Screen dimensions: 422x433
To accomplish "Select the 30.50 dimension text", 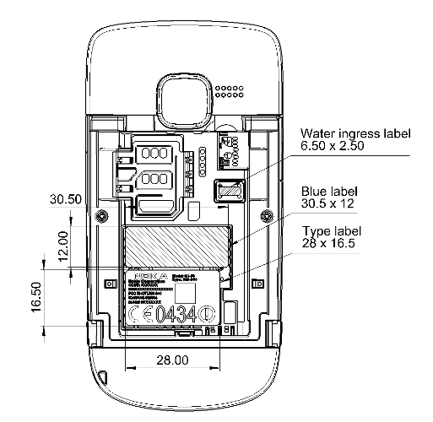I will [x=66, y=200].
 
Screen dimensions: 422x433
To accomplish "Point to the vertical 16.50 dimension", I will [x=33, y=298].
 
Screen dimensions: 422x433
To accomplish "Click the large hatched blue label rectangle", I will [x=176, y=246].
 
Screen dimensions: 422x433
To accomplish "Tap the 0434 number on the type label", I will [x=176, y=315].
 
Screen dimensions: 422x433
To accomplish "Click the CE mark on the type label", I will [x=141, y=315].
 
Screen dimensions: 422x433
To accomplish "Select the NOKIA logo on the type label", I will [x=143, y=276].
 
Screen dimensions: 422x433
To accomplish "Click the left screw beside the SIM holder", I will [x=102, y=216].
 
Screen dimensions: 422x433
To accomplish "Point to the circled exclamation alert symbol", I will [x=208, y=315].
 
